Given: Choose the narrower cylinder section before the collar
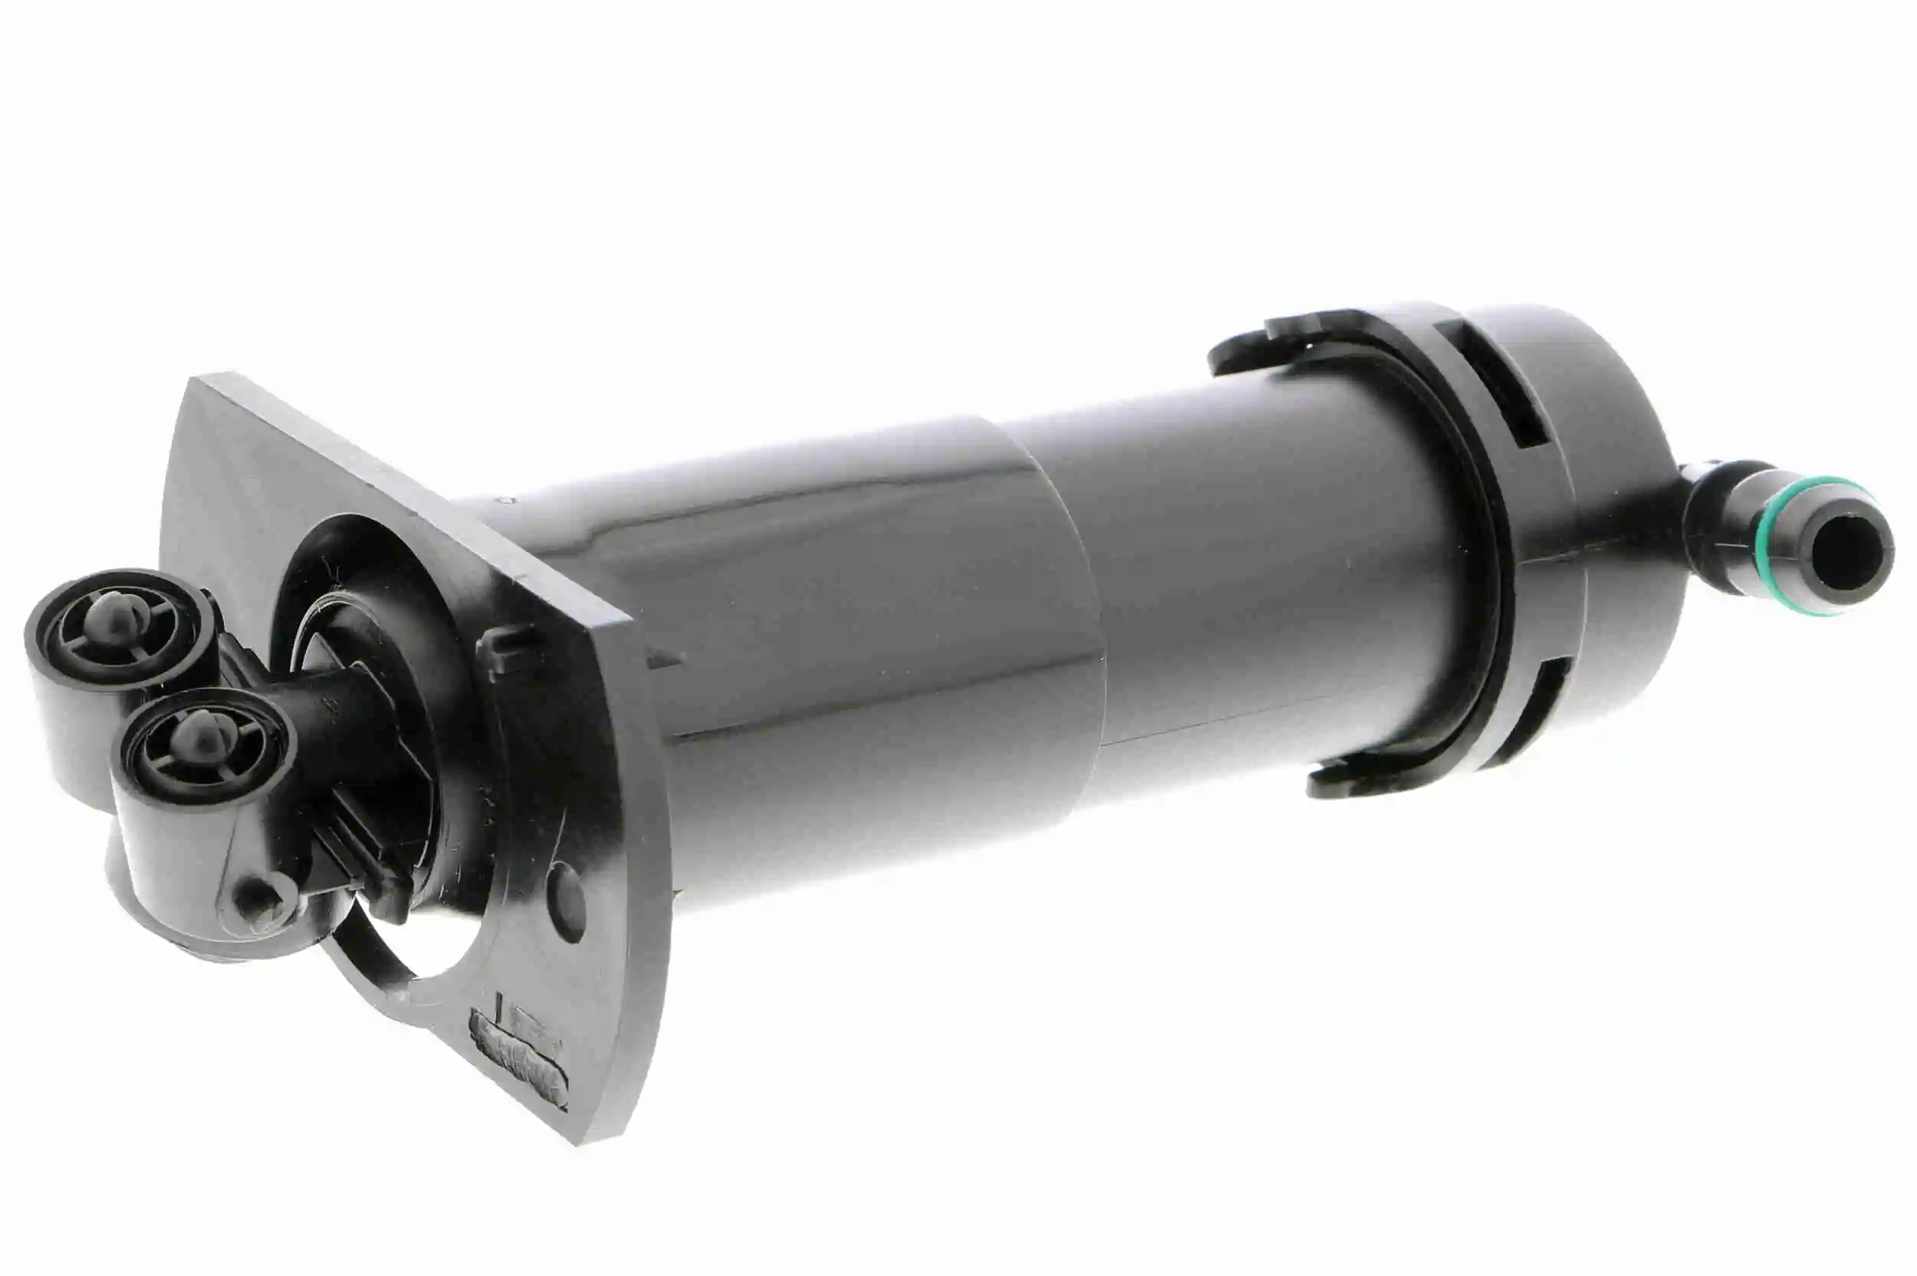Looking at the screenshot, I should coord(1237,570).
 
